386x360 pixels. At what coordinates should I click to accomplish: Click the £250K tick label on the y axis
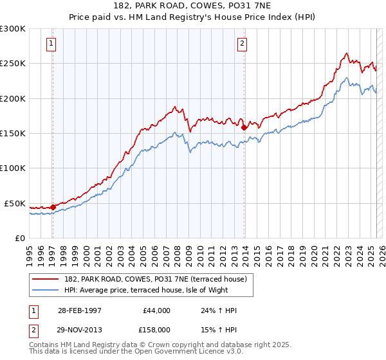13,64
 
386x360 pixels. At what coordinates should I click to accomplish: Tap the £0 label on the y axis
19,238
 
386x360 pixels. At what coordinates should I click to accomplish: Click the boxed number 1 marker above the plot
51,44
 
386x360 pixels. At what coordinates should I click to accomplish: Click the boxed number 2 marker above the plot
242,44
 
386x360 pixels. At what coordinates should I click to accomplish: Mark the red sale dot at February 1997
53,207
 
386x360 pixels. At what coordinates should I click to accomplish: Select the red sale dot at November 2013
244,127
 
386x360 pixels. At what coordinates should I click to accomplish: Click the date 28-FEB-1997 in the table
79,310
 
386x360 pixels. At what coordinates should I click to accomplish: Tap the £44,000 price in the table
155,310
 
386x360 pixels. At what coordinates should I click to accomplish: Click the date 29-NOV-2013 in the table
80,330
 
